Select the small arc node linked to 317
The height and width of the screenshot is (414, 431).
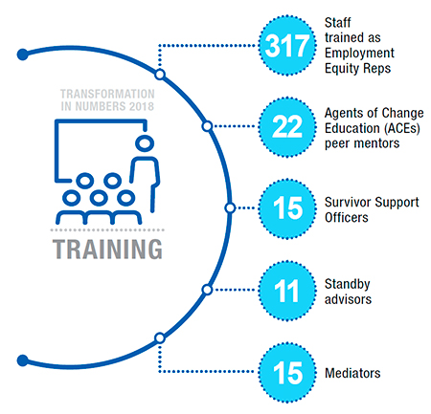160,74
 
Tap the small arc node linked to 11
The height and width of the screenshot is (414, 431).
206,288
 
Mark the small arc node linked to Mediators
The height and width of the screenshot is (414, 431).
160,337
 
